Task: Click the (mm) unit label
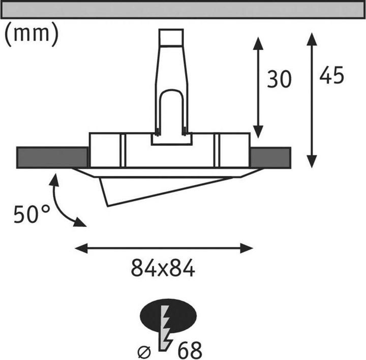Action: [32, 35]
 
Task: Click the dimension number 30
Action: [279, 79]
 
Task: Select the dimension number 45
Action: [331, 75]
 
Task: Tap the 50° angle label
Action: [32, 214]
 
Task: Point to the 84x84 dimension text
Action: [163, 268]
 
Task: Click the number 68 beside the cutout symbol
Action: [190, 350]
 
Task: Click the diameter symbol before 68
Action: [144, 352]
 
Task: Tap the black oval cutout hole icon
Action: [168, 315]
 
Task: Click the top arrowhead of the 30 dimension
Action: [258, 43]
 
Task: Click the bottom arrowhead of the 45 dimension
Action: [312, 161]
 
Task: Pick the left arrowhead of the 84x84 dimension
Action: [81, 248]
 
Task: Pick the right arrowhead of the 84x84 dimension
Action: [247, 248]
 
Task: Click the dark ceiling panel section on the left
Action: [52, 158]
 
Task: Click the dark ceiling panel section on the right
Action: [270, 158]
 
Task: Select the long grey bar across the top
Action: [183, 10]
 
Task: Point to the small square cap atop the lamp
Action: [171, 37]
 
